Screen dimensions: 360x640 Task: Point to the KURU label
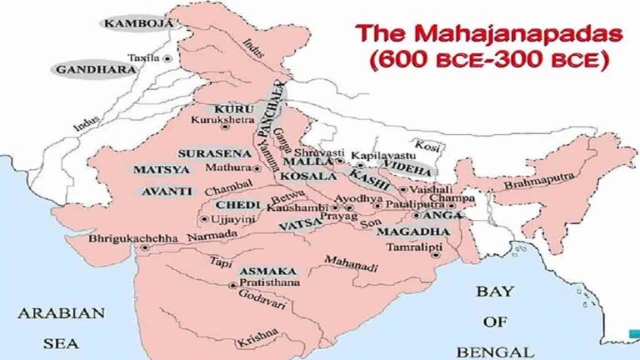pyautogui.click(x=228, y=109)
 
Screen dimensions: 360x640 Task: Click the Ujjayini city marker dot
pyautogui.click(x=204, y=218)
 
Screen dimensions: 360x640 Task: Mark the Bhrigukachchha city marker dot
pyautogui.click(x=145, y=247)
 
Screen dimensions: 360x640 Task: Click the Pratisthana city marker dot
pyautogui.click(x=232, y=284)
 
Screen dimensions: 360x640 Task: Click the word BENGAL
pyautogui.click(x=501, y=351)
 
